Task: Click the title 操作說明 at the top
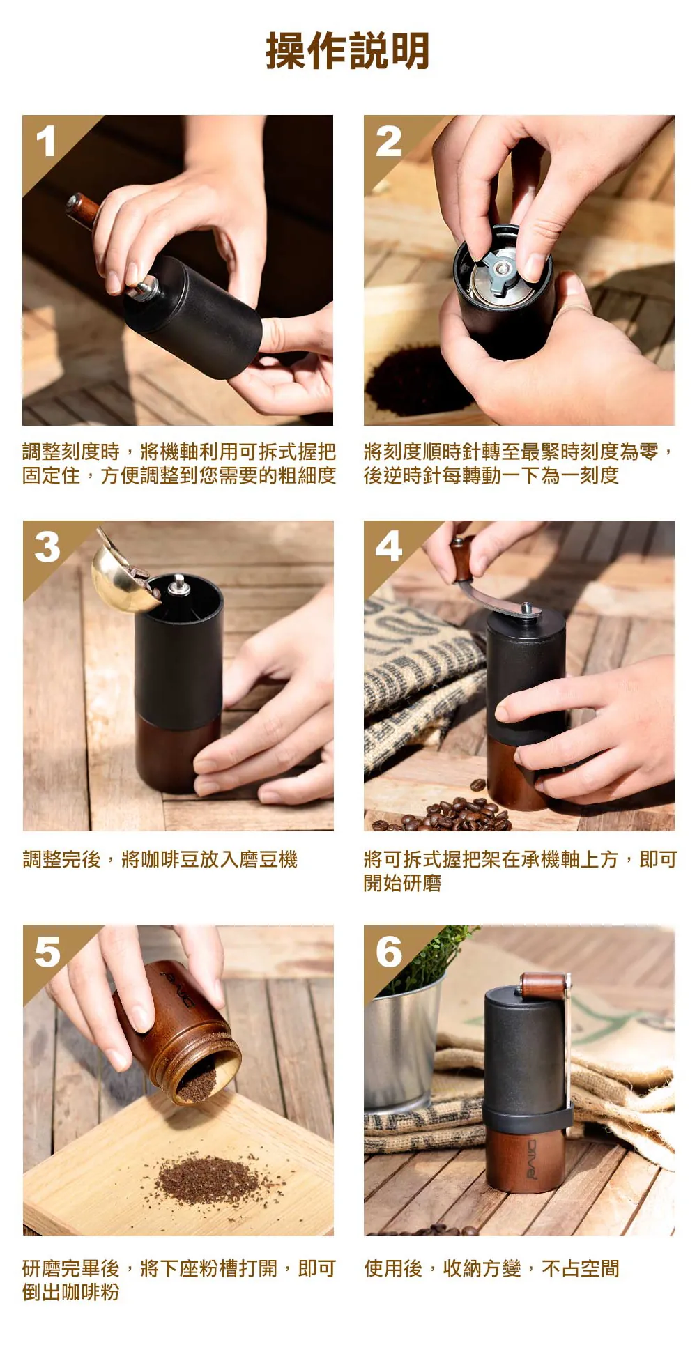pyautogui.click(x=347, y=50)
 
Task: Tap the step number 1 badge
pyautogui.click(x=46, y=141)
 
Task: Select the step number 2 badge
pyautogui.click(x=388, y=141)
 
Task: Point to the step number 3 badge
pyautogui.click(x=47, y=547)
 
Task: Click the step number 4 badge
pyautogui.click(x=389, y=547)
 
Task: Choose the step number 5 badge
pyautogui.click(x=47, y=952)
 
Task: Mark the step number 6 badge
pyautogui.click(x=389, y=952)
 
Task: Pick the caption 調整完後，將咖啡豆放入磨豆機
pyautogui.click(x=160, y=860)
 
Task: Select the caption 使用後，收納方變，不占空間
pyautogui.click(x=492, y=1268)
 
